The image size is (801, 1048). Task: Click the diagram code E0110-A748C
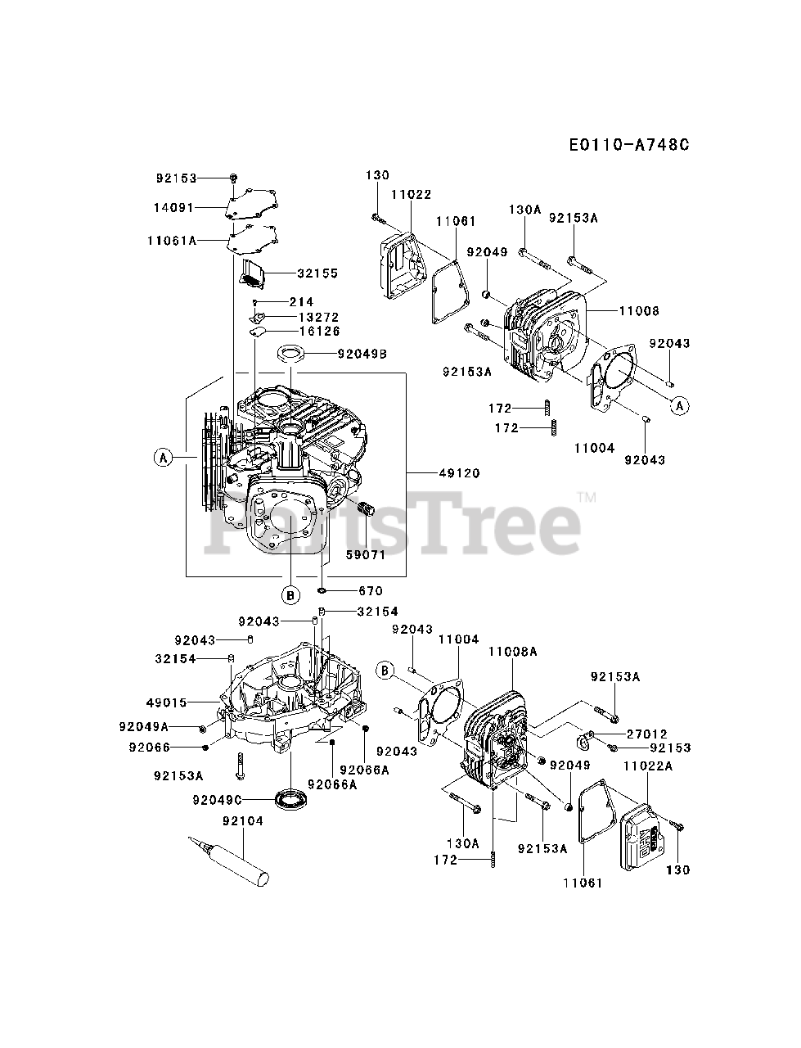click(629, 145)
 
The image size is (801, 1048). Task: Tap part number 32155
click(318, 273)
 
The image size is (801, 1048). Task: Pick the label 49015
click(167, 702)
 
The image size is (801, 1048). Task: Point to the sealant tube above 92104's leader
click(229, 860)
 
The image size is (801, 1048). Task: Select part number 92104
click(243, 821)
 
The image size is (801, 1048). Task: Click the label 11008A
click(512, 652)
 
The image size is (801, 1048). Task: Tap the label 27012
click(647, 734)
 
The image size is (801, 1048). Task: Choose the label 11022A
click(648, 766)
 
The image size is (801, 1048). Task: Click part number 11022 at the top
click(411, 195)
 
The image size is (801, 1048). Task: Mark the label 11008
click(639, 311)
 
